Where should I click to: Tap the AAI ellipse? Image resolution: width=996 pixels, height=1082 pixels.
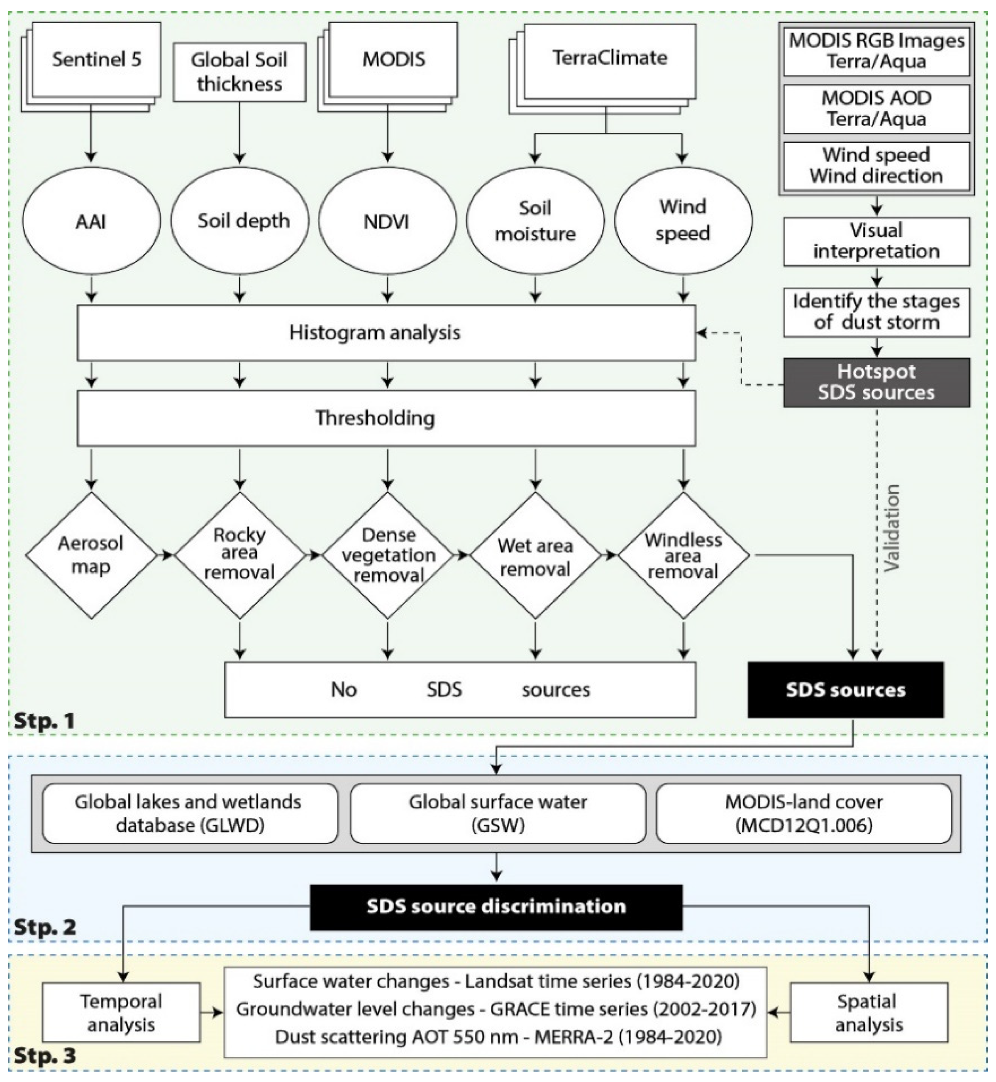[91, 221]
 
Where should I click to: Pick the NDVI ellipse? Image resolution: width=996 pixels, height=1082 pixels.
[387, 221]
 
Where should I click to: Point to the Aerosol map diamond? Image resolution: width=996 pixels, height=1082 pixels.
[91, 555]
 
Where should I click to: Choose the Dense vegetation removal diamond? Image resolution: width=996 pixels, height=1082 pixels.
[388, 555]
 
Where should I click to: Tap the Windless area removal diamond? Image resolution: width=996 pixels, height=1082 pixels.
[684, 555]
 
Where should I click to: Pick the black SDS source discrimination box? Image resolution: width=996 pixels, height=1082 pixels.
[496, 906]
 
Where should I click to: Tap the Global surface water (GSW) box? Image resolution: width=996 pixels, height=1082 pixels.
[498, 813]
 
